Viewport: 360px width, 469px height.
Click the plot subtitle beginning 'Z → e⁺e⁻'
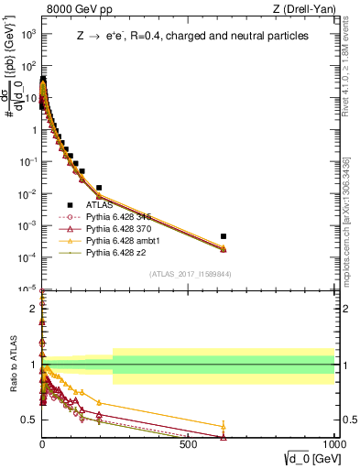point(192,36)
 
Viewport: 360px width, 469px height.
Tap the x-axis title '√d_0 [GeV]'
point(307,457)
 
